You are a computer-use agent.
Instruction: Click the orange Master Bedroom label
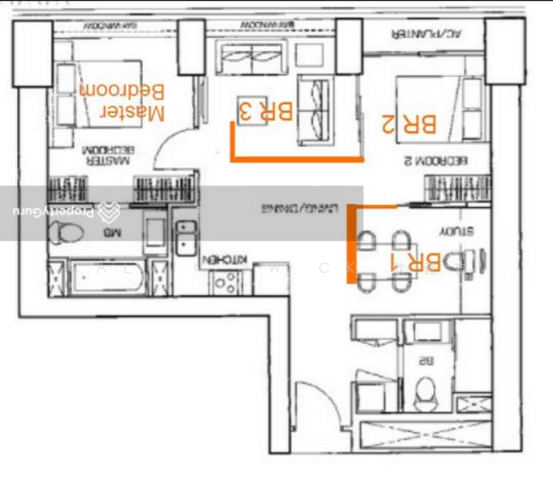(122, 102)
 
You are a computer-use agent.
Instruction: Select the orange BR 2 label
(409, 124)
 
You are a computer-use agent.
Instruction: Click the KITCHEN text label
(227, 260)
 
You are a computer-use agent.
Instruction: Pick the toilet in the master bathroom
(65, 233)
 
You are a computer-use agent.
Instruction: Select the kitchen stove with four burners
(224, 282)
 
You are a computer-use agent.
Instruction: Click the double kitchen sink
(186, 236)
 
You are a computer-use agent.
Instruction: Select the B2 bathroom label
(425, 361)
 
